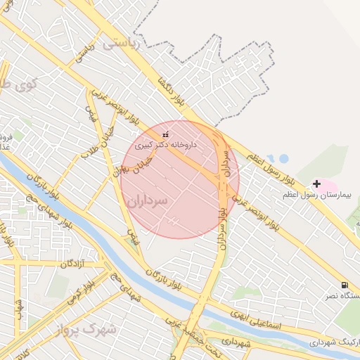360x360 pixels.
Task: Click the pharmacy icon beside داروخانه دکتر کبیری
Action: [166, 134]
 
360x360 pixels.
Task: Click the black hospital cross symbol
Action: [316, 184]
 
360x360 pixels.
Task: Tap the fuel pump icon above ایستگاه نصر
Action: [344, 285]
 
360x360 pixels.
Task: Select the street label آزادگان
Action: [72, 264]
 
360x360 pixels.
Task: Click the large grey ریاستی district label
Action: [122, 44]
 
